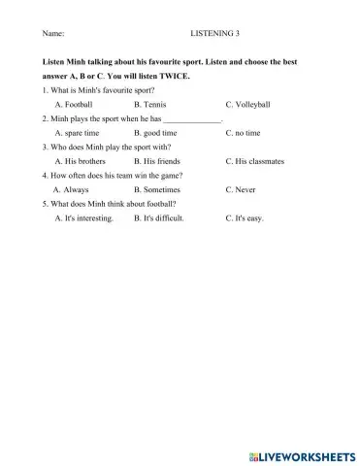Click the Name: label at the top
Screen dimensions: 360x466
(x=53, y=33)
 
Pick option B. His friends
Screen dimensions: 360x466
(x=156, y=160)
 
